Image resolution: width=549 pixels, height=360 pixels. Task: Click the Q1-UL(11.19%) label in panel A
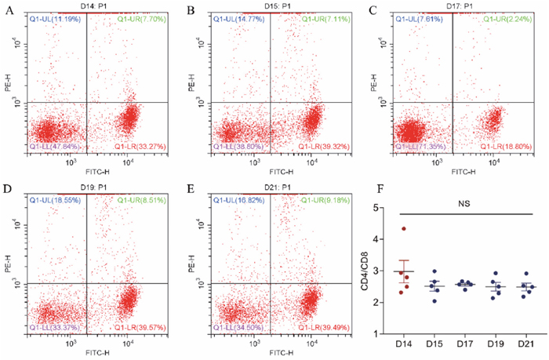pos(54,17)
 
